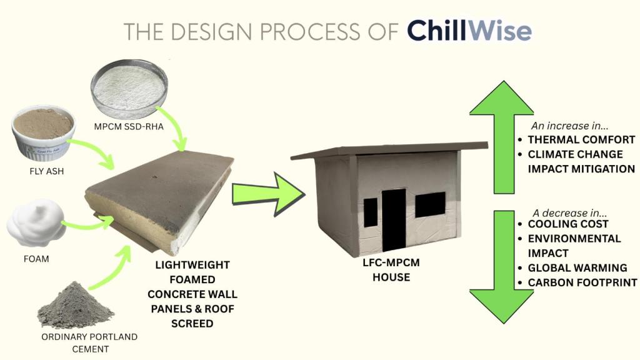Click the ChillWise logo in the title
coord(469,31)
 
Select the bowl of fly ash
coord(43,131)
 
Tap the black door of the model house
coord(394,219)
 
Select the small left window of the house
coord(371,212)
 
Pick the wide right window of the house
coord(430,204)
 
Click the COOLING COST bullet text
coord(567,224)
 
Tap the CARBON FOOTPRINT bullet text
coord(582,282)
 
